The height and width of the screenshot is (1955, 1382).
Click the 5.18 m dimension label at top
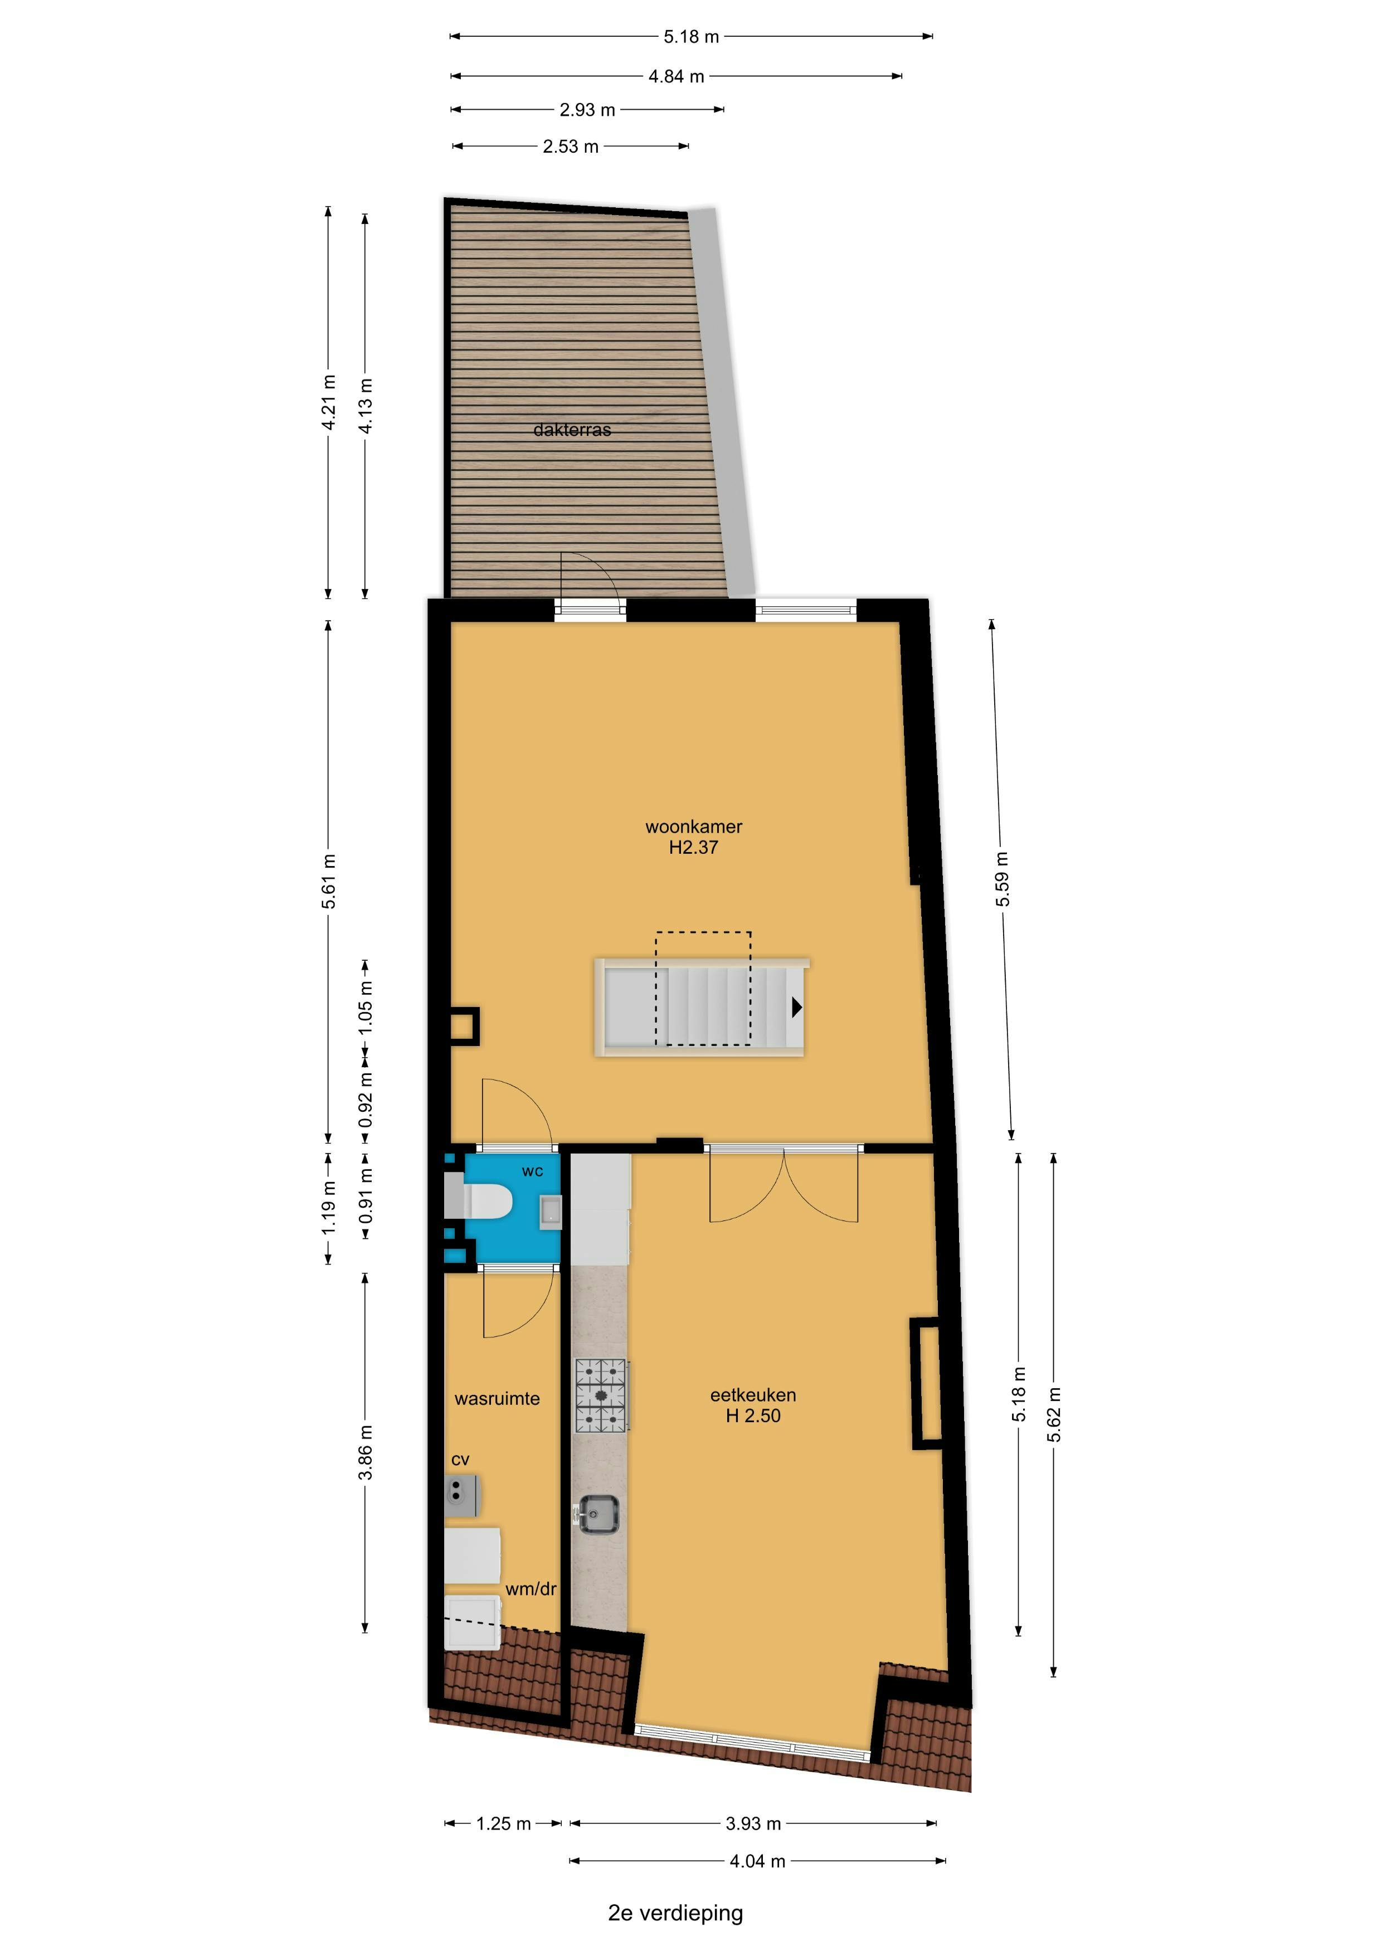tap(692, 37)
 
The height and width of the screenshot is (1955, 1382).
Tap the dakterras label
tap(572, 430)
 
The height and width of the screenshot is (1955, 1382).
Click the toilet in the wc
tap(479, 1202)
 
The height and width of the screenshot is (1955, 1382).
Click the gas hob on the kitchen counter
tap(602, 1395)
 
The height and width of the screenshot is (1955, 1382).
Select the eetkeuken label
tap(753, 1395)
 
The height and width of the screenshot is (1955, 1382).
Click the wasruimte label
tap(497, 1398)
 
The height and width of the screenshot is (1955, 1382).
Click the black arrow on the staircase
tap(797, 1007)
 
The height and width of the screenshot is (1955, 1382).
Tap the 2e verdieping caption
tap(675, 1913)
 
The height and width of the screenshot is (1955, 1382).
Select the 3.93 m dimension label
tap(753, 1824)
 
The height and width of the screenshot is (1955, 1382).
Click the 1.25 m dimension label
tap(503, 1824)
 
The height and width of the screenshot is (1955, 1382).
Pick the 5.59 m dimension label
tap(1002, 879)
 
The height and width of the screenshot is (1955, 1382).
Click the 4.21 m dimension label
tap(329, 403)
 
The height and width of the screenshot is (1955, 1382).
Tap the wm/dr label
tap(531, 1589)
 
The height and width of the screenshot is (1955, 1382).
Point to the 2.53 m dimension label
tap(571, 147)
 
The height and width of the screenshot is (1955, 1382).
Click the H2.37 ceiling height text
tap(694, 847)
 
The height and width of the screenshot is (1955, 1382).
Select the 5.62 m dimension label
tap(1054, 1414)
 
